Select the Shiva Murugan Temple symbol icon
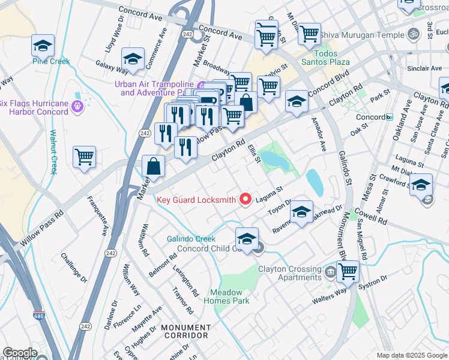(412, 35)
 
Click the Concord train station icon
(390, 117)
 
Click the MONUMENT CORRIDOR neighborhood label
(185, 332)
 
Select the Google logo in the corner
(20, 353)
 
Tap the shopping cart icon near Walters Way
(348, 271)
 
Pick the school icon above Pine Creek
(43, 46)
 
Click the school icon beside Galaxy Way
(133, 59)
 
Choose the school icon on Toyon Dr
(302, 212)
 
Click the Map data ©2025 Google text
(412, 355)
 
